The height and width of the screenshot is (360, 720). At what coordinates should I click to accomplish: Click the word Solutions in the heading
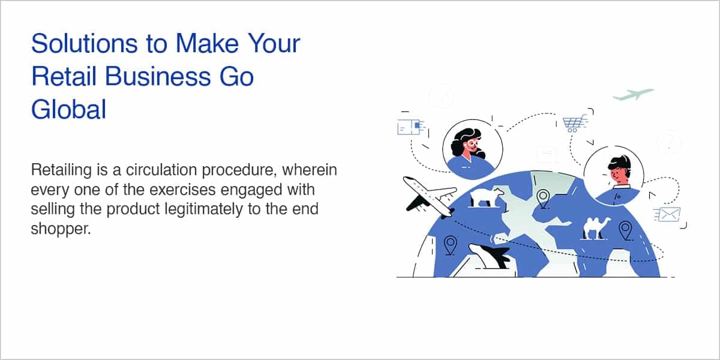click(x=85, y=43)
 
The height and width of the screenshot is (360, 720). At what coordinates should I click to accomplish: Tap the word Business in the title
click(x=158, y=77)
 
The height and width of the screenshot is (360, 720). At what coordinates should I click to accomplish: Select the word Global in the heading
click(x=68, y=109)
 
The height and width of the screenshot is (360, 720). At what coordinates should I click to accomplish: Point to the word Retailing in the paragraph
click(x=61, y=170)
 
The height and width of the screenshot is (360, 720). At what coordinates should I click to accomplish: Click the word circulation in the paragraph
click(x=161, y=170)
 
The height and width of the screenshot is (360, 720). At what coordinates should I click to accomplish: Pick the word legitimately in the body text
click(x=204, y=209)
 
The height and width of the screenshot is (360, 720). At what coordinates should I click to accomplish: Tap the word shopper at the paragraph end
click(x=61, y=229)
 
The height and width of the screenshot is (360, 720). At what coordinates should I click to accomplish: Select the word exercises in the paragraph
click(x=182, y=190)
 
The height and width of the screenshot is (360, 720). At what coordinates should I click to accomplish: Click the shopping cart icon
click(x=574, y=124)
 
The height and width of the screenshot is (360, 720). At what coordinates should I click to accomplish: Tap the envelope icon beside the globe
click(x=668, y=214)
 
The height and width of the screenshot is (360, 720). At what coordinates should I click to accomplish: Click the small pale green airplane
click(x=633, y=94)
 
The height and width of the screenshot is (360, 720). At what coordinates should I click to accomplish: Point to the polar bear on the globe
click(x=487, y=196)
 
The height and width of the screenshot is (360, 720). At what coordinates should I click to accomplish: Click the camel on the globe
click(x=597, y=228)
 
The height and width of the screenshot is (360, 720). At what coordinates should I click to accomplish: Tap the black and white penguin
click(x=489, y=256)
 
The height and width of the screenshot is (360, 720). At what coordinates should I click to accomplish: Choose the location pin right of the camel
click(x=625, y=230)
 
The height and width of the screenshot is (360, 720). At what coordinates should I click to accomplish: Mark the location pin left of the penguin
click(x=450, y=245)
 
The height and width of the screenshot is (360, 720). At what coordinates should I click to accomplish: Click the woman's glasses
click(x=473, y=143)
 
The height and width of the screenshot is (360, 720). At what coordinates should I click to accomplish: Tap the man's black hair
click(x=620, y=164)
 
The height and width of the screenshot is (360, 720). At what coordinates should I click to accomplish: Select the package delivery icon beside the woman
click(x=411, y=127)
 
